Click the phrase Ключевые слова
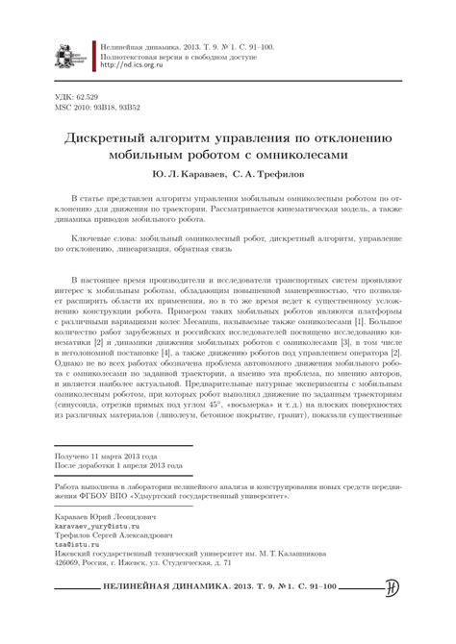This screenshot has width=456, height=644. pyautogui.click(x=105, y=235)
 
